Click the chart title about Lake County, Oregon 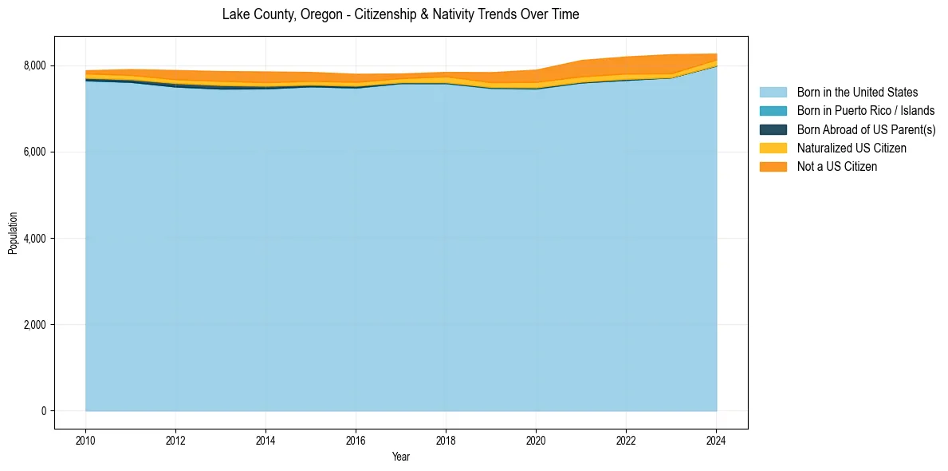[x=400, y=14]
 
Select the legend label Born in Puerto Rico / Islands [x=866, y=111]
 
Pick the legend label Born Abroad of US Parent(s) [x=866, y=129]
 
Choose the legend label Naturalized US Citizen [x=852, y=148]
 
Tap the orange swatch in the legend [x=773, y=166]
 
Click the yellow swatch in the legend [x=773, y=148]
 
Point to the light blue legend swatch [x=773, y=93]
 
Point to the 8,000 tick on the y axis [x=37, y=65]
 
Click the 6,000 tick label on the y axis [x=37, y=152]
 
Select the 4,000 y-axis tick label [x=37, y=239]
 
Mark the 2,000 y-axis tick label [x=37, y=325]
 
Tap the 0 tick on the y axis [x=44, y=411]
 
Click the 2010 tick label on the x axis [x=85, y=440]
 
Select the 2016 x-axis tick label [x=356, y=440]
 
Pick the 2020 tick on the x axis [x=536, y=440]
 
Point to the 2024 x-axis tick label [x=716, y=440]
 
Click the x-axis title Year [x=401, y=457]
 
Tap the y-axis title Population [x=13, y=232]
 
